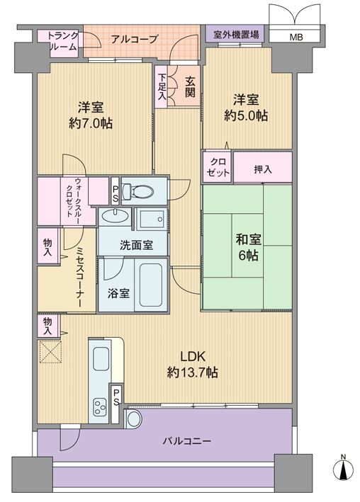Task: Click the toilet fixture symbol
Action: pos(138,191)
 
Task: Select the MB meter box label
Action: pos(296,38)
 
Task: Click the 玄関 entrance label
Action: pos(190,87)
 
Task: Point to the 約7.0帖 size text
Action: pos(91,123)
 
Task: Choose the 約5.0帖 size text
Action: pos(246,115)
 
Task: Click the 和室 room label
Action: pos(248,240)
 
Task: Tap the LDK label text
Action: pos(192,356)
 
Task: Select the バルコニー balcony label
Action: pos(187,442)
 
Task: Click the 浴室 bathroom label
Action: pos(118,293)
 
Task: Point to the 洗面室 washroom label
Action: pos(136,245)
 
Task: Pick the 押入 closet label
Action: pos(263,170)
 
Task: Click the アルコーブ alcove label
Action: pos(135,40)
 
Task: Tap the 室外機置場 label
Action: pos(236,34)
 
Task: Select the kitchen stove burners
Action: pos(99,406)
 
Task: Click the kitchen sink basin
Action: pos(101,358)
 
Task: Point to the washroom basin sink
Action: pos(115,215)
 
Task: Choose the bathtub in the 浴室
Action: pos(151,285)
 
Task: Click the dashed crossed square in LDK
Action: pos(50,351)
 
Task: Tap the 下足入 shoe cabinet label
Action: pos(162,86)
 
